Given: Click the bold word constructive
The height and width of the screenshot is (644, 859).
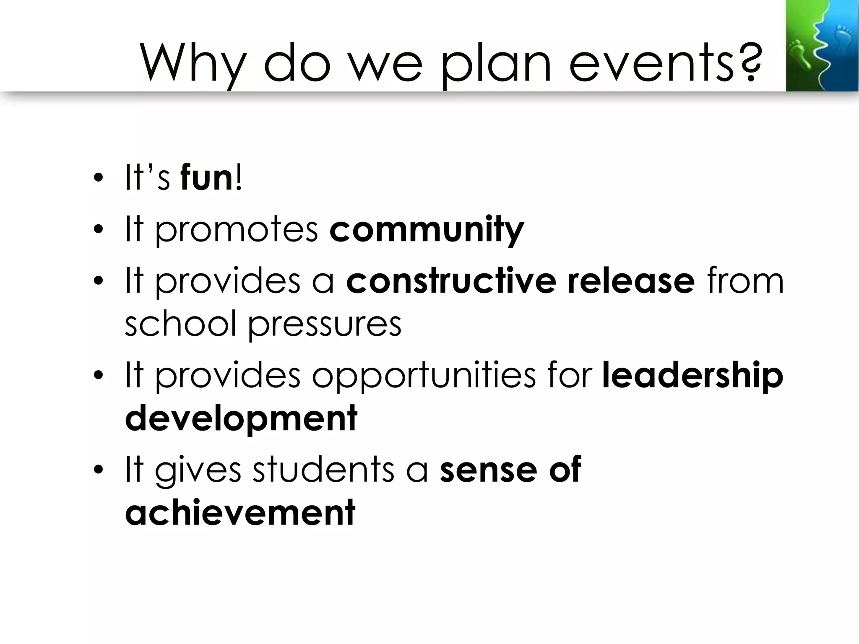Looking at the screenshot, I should tap(451, 281).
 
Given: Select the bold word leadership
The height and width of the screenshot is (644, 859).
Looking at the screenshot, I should tap(692, 375).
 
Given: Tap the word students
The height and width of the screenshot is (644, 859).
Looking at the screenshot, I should tap(323, 470).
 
